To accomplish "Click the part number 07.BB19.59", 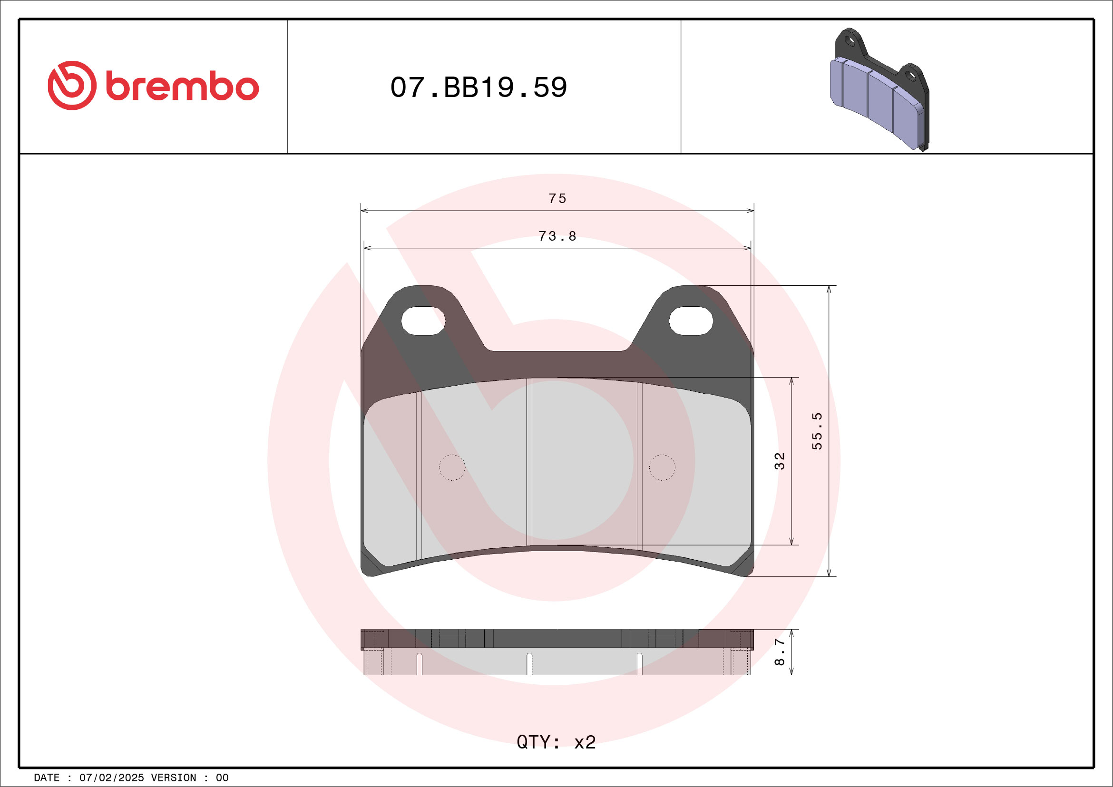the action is tap(478, 87).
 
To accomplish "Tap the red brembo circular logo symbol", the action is tap(72, 85).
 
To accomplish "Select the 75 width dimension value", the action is tap(557, 199).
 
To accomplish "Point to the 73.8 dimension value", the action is tap(557, 236).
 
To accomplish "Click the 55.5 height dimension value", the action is tap(817, 431).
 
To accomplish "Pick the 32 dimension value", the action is tap(779, 461).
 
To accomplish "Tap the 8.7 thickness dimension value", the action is tap(779, 651).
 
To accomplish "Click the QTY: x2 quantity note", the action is tap(556, 742).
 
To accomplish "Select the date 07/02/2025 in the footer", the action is tap(111, 778).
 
